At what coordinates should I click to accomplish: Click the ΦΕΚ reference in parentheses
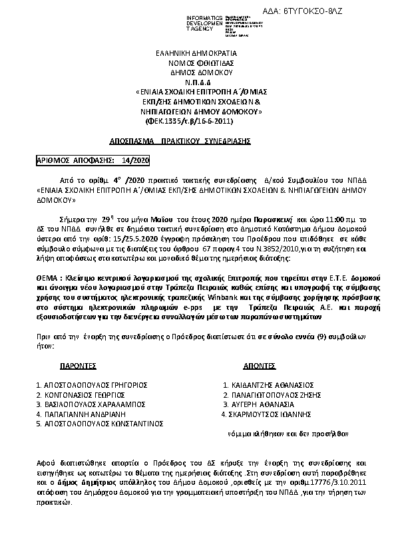pyautogui.click(x=189, y=121)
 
